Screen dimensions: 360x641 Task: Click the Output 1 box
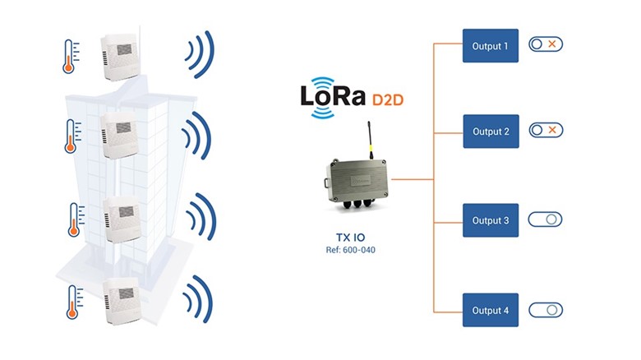point(491,46)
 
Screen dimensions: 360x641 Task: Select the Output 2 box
point(491,132)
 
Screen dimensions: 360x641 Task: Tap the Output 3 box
point(491,220)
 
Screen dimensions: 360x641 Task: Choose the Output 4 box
point(491,310)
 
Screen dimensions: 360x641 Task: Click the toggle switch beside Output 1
point(545,45)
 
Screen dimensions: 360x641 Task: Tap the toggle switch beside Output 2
point(545,130)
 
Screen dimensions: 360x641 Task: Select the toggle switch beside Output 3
point(545,219)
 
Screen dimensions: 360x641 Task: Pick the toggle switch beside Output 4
point(545,310)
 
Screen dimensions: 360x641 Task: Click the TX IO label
point(352,233)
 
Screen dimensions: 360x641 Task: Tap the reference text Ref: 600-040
point(352,248)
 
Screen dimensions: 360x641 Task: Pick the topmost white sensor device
point(120,55)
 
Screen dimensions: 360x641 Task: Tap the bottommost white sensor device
point(118,305)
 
